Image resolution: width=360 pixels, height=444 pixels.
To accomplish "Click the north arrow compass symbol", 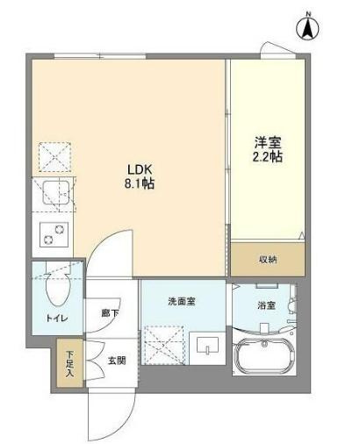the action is coord(307,27).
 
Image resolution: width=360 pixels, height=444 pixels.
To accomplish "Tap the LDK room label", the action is coord(140,169).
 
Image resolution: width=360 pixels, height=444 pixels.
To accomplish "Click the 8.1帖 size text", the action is coord(140,184).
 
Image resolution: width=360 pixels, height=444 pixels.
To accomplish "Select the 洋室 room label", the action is coord(268,142).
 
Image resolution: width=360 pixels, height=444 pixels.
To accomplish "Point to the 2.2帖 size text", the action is coord(268,157).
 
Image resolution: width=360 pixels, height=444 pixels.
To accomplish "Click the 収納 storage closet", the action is coord(268,259).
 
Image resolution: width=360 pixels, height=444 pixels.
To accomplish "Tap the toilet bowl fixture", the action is coord(58,289).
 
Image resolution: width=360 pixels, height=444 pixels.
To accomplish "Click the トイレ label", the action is coord(57,318).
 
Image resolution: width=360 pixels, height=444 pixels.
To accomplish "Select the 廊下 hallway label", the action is coord(110,313).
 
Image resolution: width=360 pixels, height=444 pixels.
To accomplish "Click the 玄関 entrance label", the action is coord(117,361).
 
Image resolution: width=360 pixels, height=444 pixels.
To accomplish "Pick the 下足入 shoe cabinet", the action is coord(69,363).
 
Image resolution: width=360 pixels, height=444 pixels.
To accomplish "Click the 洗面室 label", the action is coord(182,301).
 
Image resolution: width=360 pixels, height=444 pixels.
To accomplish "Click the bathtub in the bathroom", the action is coord(264,356).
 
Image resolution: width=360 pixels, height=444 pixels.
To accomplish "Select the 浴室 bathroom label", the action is coord(266,305).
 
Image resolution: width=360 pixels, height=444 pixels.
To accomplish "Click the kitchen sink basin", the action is coord(56,192).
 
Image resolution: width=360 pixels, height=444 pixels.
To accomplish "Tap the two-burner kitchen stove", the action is coord(54,235).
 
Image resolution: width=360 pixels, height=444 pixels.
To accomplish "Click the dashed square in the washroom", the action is coord(164,346).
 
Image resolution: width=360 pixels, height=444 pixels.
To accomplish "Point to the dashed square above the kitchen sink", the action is coord(55,157).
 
